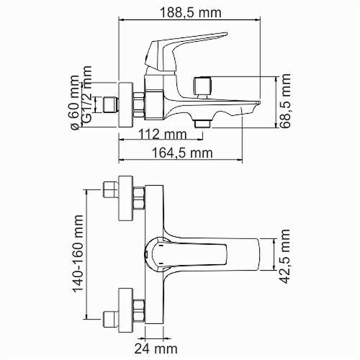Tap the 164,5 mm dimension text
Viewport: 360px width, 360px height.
point(182,153)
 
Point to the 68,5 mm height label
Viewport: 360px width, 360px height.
point(285,100)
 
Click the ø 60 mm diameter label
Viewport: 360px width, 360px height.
point(75,103)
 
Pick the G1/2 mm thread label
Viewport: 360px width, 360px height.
point(87,94)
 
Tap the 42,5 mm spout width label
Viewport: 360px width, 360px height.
point(285,256)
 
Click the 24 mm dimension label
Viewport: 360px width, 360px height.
point(156,348)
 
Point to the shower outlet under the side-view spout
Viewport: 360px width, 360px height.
point(202,123)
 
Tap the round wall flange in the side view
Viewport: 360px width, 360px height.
point(126,104)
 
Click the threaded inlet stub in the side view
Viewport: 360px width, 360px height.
point(110,105)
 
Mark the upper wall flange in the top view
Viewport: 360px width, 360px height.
point(126,198)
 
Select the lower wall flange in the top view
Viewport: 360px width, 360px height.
point(126,310)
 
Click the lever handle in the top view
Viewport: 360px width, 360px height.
point(186,254)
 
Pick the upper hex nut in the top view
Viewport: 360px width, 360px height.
point(139,198)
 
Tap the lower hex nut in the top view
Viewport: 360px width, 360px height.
point(139,310)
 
